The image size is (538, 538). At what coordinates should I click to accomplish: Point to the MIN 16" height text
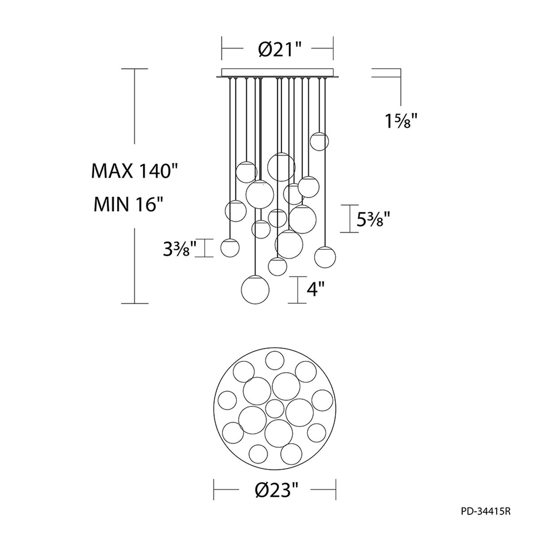128,204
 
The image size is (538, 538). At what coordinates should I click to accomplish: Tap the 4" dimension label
316,290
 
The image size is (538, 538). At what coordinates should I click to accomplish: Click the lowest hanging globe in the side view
255,290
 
